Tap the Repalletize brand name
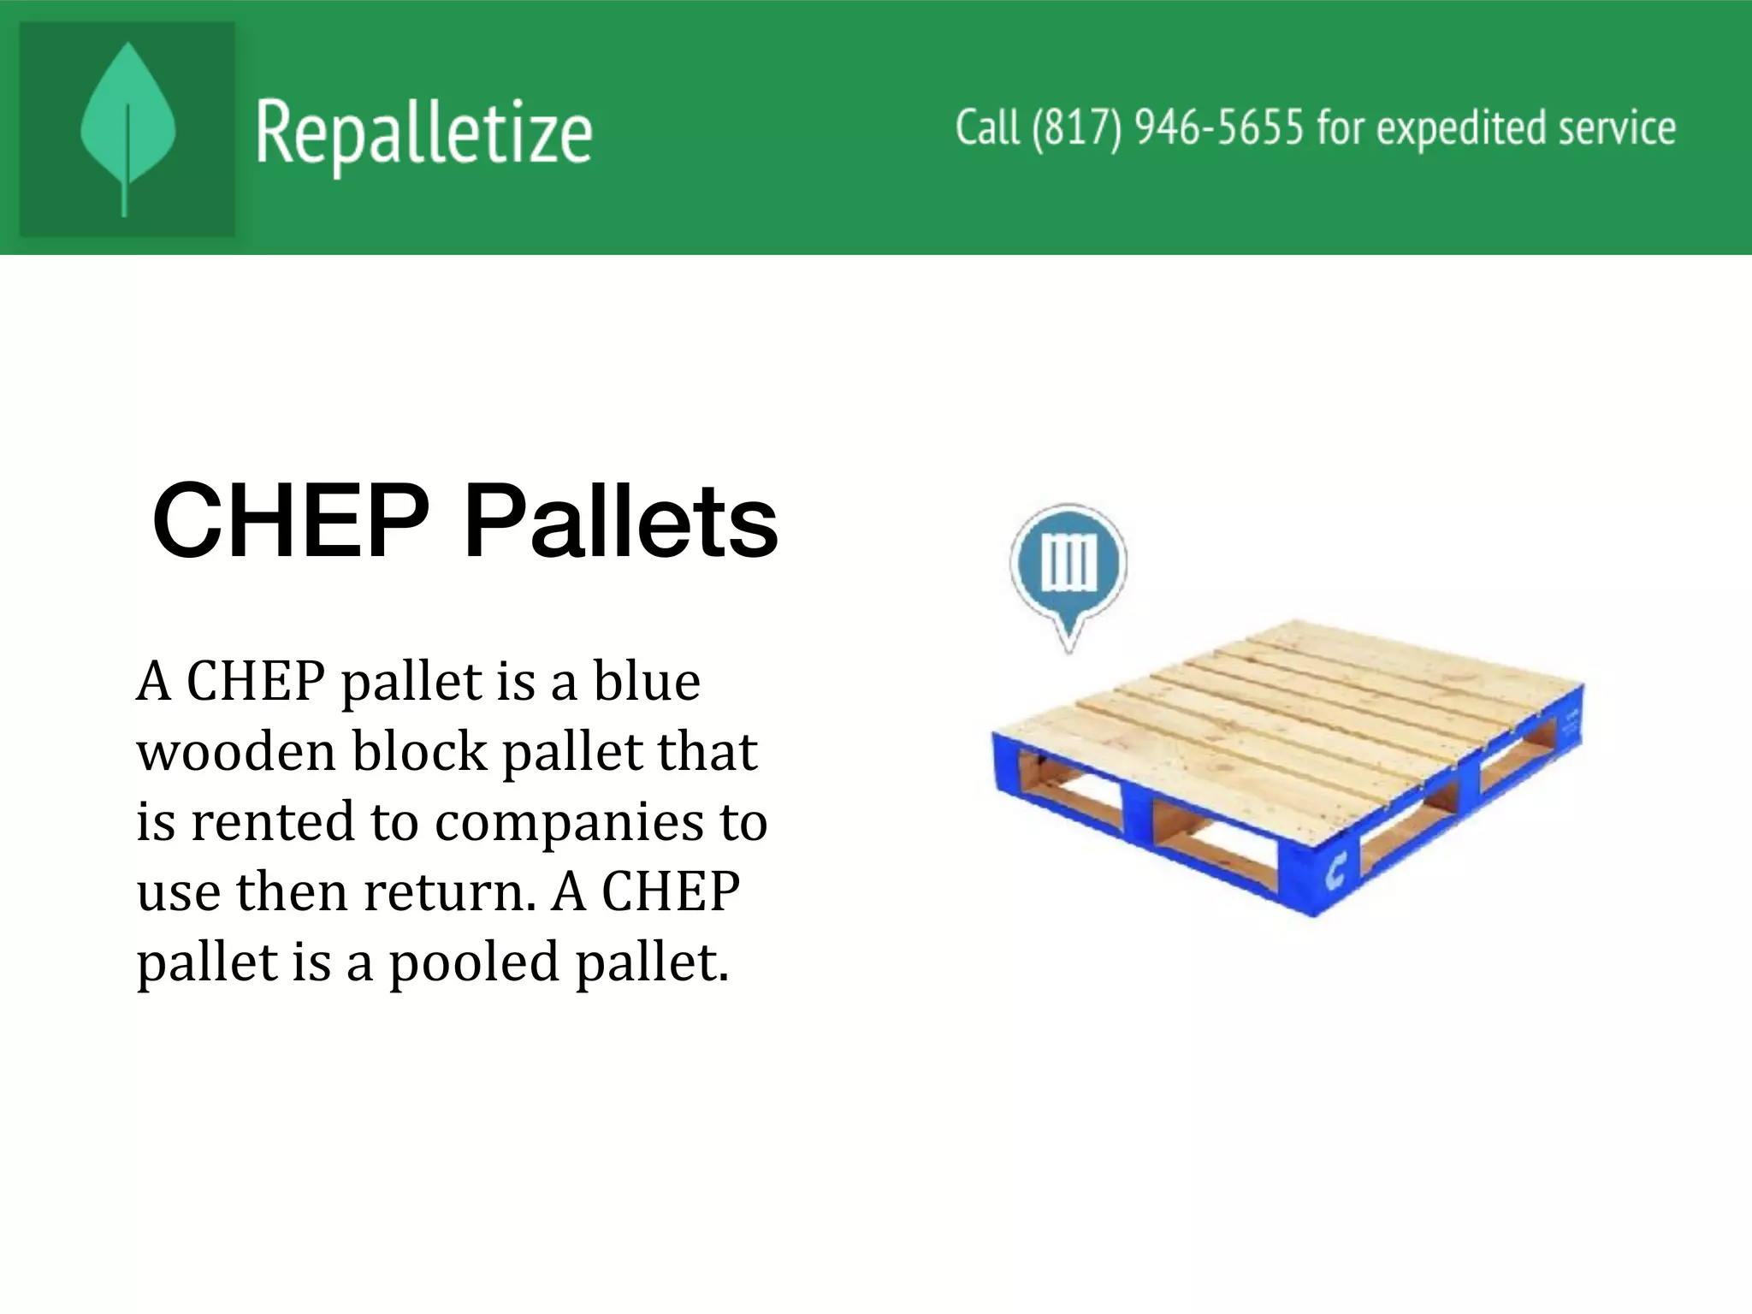click(x=423, y=133)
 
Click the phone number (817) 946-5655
click(x=1168, y=128)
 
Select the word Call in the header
click(x=987, y=128)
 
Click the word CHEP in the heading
click(x=291, y=520)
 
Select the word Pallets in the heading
click(x=620, y=520)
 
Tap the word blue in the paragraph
click(x=647, y=682)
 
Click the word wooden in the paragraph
click(x=236, y=752)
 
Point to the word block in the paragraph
click(x=419, y=752)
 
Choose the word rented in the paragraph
click(x=271, y=822)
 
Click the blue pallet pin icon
click(x=1068, y=565)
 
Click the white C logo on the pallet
click(x=1335, y=873)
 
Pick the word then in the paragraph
click(x=292, y=892)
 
